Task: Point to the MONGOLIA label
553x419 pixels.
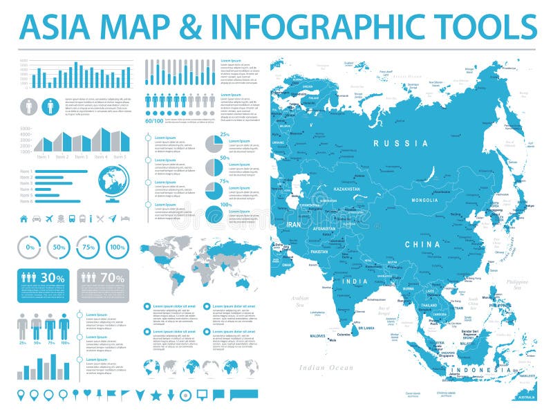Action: [x=425, y=200]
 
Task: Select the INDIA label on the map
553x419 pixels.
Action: [x=355, y=281]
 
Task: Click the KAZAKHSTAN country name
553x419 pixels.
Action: [x=346, y=188]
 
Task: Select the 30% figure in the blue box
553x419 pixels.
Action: [x=53, y=277]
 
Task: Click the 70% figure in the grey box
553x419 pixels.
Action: [x=112, y=277]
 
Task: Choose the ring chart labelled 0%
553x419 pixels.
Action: [x=30, y=247]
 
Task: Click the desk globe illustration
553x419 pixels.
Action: [x=113, y=185]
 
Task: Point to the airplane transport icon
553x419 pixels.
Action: [x=49, y=219]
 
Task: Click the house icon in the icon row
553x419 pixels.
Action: [x=24, y=219]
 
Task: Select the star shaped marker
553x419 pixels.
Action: [x=156, y=395]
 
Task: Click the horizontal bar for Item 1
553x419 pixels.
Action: [x=61, y=171]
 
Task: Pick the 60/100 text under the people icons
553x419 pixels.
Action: [x=154, y=121]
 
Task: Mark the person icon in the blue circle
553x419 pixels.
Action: [x=50, y=106]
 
